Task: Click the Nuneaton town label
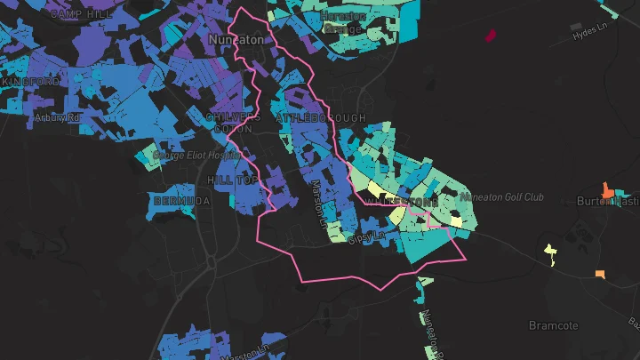(236, 40)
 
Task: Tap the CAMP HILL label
(79, 14)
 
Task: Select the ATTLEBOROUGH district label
(320, 118)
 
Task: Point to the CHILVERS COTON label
(232, 123)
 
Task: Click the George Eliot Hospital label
(197, 155)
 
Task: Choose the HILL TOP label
(232, 180)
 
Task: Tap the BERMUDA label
(182, 202)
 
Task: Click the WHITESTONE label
(396, 203)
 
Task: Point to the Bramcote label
(554, 325)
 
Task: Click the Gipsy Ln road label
(364, 238)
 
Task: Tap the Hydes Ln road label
(593, 32)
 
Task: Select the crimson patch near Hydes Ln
(490, 36)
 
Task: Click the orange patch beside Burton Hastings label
(609, 190)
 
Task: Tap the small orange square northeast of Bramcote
(601, 274)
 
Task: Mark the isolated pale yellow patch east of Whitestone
(550, 252)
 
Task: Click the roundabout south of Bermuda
(212, 262)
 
